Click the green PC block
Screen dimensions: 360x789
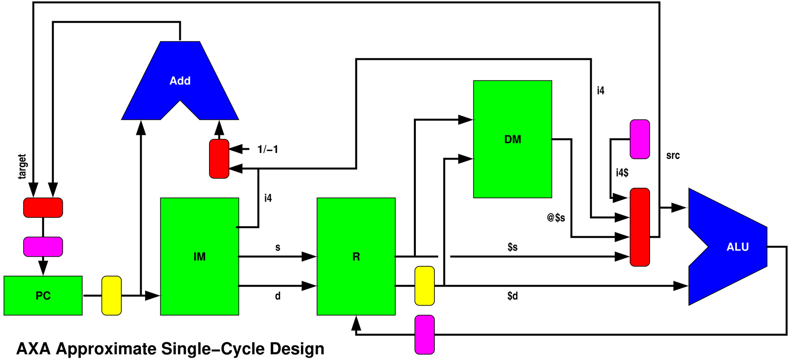(43, 295)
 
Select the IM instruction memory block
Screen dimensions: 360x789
(199, 256)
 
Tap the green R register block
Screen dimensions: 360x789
(356, 256)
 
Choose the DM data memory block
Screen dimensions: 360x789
(512, 139)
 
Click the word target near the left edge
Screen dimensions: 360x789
(22, 166)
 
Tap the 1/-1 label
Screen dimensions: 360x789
(267, 149)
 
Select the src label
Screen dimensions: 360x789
(673, 155)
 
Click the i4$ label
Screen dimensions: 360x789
(622, 173)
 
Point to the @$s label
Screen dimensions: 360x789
(556, 218)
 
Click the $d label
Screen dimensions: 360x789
(512, 296)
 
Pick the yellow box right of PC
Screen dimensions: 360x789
(112, 295)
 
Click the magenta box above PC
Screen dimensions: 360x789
(43, 246)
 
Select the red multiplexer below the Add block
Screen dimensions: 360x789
(219, 159)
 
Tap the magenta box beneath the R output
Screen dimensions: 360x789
(424, 334)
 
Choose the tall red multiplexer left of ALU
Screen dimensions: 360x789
(639, 227)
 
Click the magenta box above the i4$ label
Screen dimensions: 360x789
(639, 139)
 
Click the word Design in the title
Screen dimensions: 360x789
(297, 349)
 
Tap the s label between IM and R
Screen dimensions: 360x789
(278, 247)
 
